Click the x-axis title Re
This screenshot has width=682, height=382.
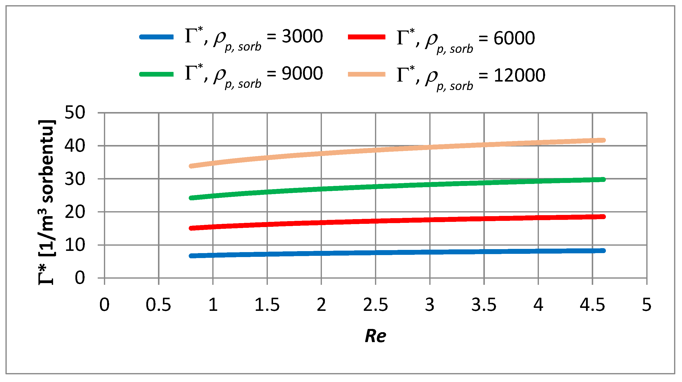click(x=375, y=336)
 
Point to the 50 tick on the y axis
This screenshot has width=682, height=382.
click(x=75, y=113)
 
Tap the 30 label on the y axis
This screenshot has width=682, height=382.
click(x=75, y=179)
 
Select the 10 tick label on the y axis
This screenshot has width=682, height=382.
click(x=75, y=245)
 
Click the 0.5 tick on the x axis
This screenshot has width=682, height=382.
click(x=158, y=305)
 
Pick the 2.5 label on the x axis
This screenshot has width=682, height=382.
click(x=375, y=305)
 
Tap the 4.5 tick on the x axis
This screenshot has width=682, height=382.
click(x=592, y=305)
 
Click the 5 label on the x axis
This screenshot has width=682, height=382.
click(x=647, y=305)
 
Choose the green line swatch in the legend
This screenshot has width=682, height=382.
click(x=157, y=74)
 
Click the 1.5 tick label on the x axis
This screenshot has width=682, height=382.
click(x=267, y=305)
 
